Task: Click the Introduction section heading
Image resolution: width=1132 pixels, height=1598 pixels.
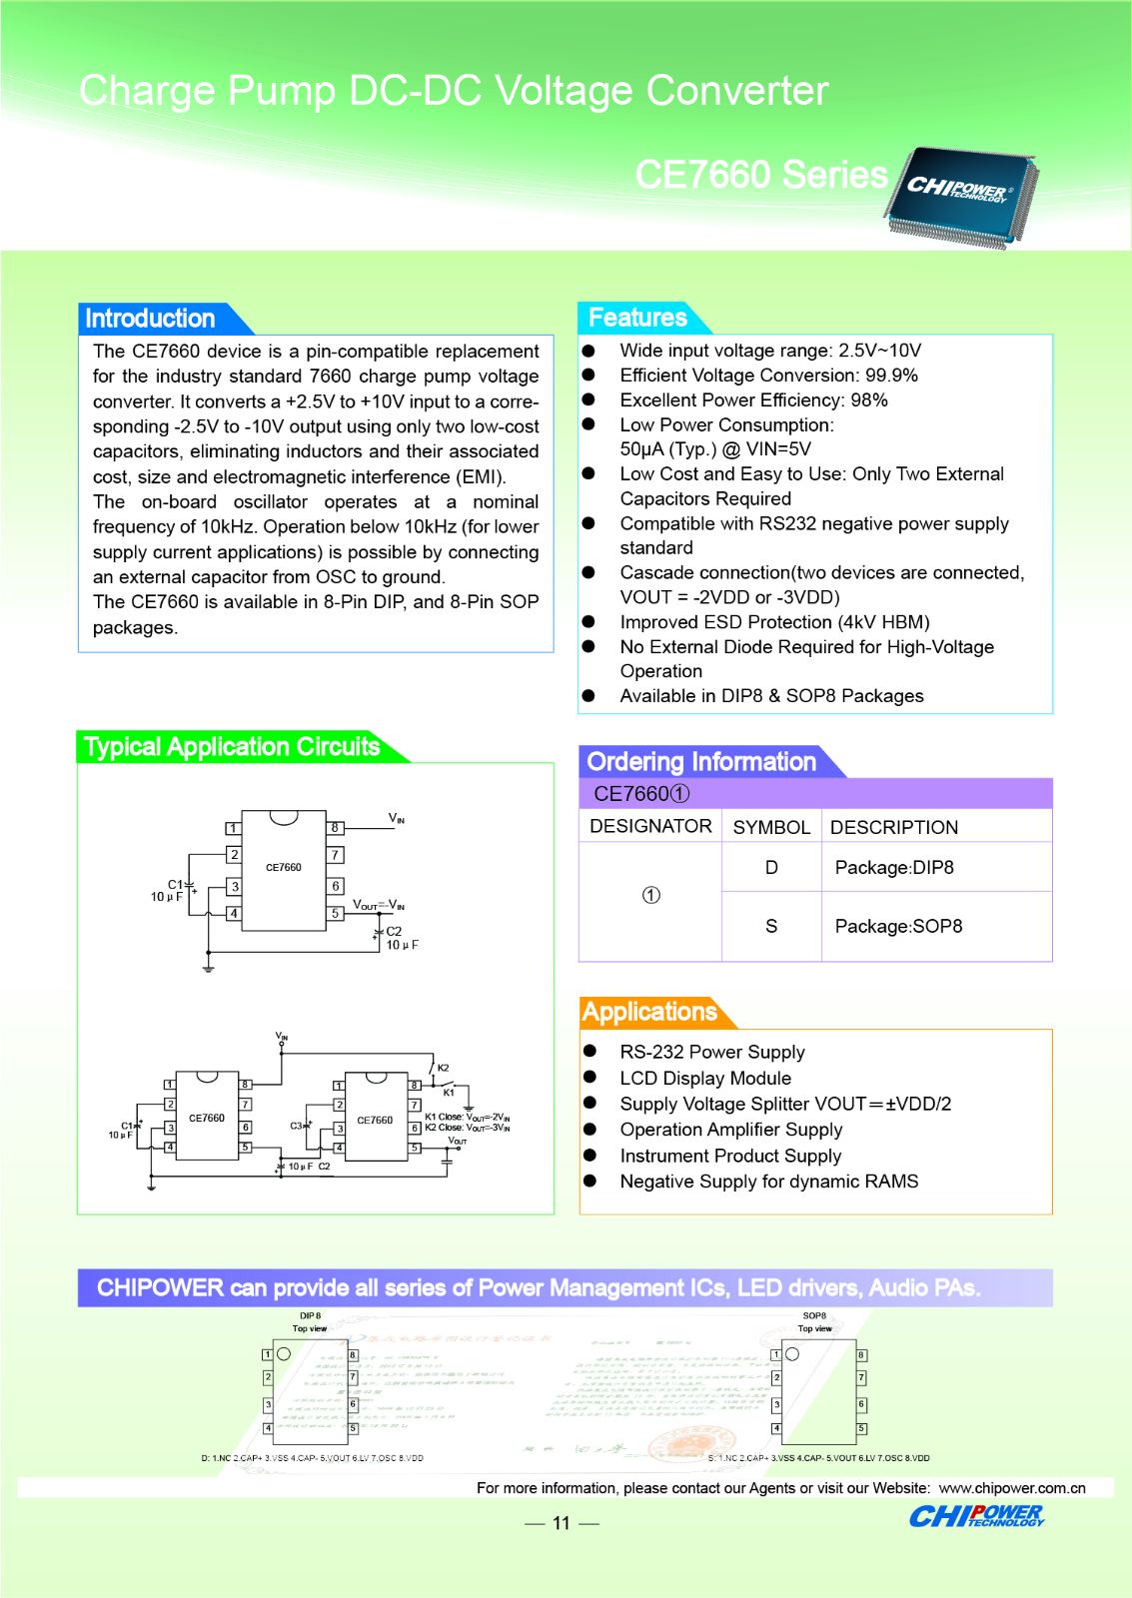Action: (x=150, y=319)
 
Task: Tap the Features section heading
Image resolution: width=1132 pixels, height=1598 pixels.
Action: (x=637, y=318)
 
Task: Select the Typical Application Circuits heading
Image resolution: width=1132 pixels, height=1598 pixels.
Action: (x=232, y=747)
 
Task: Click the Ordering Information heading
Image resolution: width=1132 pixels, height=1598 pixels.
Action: (x=701, y=762)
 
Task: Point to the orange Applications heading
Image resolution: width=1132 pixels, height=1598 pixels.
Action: (x=649, y=1012)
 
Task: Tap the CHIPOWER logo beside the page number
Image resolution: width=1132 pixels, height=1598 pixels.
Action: (x=975, y=1516)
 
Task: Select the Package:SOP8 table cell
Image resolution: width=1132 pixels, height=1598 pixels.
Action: (x=898, y=926)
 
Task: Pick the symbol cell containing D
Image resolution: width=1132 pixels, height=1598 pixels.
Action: (x=771, y=867)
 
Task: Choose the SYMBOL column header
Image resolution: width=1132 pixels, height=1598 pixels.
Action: (x=771, y=827)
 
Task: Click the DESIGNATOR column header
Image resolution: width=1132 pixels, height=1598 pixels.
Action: (x=650, y=826)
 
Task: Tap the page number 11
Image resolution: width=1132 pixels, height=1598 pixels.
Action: (x=561, y=1523)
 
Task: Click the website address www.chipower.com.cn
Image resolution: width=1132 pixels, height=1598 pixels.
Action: (x=1011, y=1488)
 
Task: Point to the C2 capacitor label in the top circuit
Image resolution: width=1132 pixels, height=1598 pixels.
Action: (x=394, y=931)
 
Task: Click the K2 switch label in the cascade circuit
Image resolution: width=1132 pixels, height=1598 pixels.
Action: (x=443, y=1068)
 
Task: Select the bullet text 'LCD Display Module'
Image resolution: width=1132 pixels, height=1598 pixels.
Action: (x=705, y=1078)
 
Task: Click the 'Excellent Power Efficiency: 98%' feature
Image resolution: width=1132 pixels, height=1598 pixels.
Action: (x=753, y=399)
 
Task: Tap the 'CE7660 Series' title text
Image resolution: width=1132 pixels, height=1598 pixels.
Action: (x=761, y=175)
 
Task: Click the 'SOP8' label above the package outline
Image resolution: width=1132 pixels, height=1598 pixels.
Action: (x=814, y=1315)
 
